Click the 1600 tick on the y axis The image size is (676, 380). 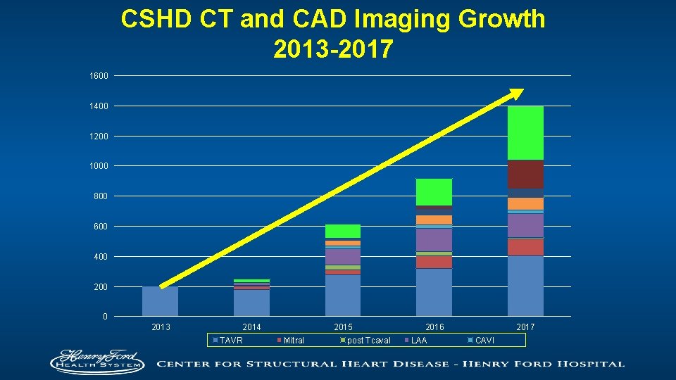coord(98,75)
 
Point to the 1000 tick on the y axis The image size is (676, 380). coord(98,166)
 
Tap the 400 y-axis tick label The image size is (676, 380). coord(99,257)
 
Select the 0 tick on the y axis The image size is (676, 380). coord(104,317)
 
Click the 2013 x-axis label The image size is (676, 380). coord(161,327)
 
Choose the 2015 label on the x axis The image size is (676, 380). coord(343,327)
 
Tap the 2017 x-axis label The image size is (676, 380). coord(525,327)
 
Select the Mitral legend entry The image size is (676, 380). coord(293,341)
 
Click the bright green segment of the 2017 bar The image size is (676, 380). coord(525,133)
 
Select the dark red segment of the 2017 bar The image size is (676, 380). coord(525,174)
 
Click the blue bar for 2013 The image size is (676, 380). coord(160,301)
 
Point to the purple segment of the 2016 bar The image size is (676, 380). coord(434,240)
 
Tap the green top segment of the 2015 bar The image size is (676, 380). coord(343,231)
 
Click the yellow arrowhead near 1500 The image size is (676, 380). coord(517,94)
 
